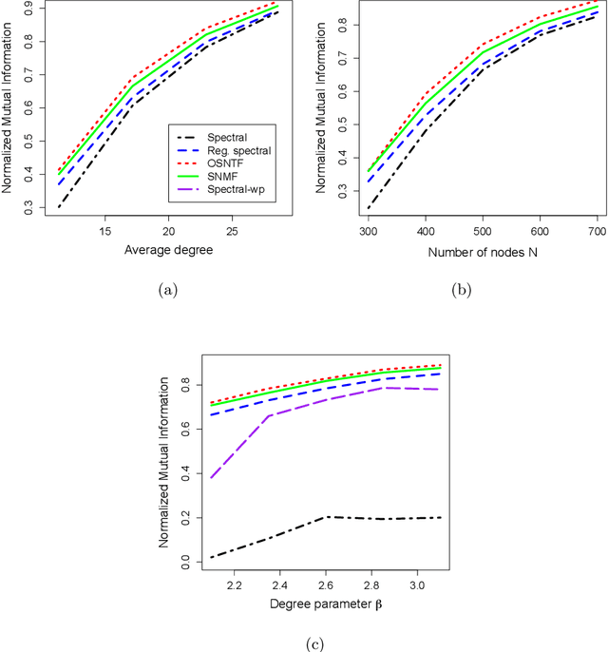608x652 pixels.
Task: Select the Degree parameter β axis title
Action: tap(304, 603)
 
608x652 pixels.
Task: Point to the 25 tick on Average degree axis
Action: tap(232, 231)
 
